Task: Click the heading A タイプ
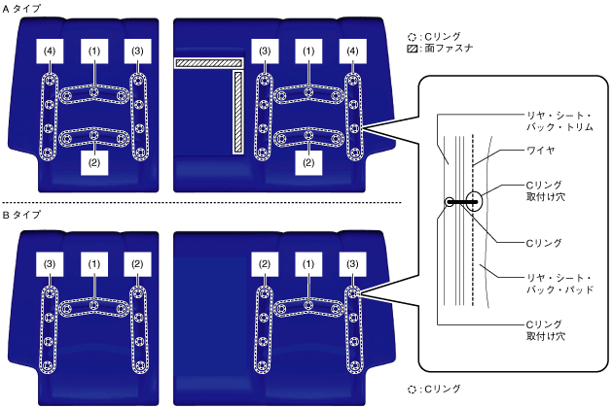(21, 8)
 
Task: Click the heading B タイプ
(21, 214)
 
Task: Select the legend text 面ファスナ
(452, 47)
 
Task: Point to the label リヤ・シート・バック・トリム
(553, 120)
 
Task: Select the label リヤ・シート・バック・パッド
(552, 283)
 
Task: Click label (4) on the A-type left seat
(50, 51)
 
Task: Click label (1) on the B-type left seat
(93, 263)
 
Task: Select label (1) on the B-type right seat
(308, 263)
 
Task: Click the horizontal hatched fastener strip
(207, 63)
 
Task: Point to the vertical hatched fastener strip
(236, 112)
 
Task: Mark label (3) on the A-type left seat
(137, 51)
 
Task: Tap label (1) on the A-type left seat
(93, 51)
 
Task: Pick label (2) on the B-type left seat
(137, 263)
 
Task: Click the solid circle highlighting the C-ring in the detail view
(466, 202)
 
